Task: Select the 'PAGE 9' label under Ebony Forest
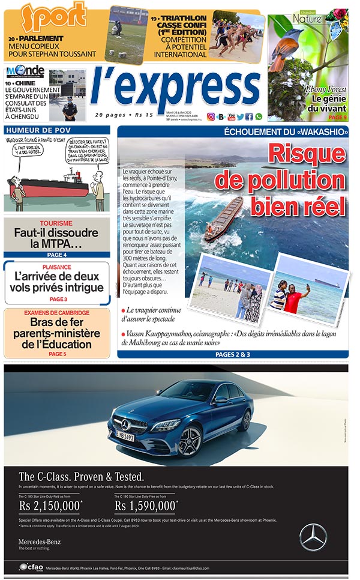[337, 117]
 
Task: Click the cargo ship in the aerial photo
[224, 219]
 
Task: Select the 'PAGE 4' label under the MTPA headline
[57, 255]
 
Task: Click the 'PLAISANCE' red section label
[57, 267]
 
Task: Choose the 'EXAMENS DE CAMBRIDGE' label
[57, 313]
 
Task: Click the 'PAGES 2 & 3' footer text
[233, 355]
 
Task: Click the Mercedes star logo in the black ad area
[313, 536]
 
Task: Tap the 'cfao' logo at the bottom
[31, 567]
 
